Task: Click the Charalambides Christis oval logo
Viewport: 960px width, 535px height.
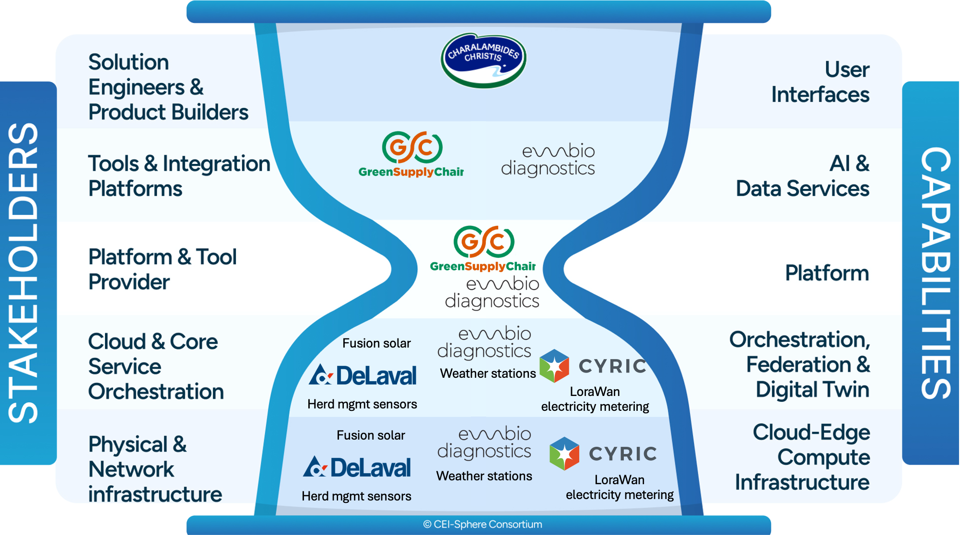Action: tap(483, 60)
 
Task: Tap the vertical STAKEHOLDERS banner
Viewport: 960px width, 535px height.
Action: tap(24, 273)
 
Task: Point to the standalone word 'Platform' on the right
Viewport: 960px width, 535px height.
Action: tap(827, 273)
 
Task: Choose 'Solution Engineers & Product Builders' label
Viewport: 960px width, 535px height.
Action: tap(168, 87)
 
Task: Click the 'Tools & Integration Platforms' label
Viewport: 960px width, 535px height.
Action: tap(179, 176)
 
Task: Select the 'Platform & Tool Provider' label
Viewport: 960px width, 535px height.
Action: tap(162, 269)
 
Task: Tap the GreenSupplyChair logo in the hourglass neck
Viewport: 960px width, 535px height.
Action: tap(483, 248)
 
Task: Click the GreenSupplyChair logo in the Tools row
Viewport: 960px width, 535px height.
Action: tap(411, 154)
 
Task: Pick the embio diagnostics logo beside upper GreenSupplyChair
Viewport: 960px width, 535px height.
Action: tap(548, 160)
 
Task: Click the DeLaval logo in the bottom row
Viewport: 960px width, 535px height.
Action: tap(357, 467)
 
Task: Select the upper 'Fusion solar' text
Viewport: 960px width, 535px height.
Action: tap(376, 343)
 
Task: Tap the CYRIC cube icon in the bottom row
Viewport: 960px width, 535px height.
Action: tap(564, 454)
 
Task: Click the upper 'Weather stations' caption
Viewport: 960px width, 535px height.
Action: tap(488, 373)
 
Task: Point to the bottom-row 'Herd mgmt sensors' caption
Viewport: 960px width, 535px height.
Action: tap(356, 496)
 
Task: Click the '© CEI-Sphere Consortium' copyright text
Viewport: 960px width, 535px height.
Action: tap(482, 524)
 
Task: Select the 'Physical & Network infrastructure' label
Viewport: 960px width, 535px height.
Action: tap(154, 469)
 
